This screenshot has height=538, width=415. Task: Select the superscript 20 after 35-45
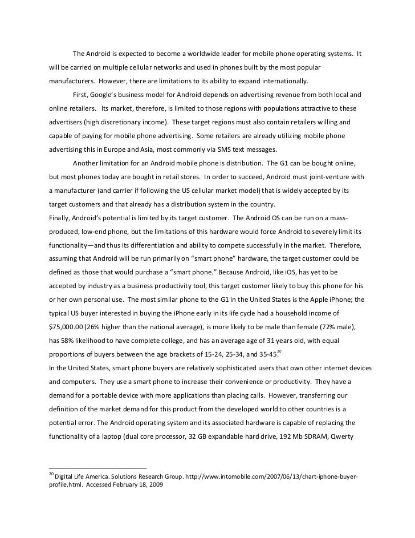[x=279, y=350]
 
